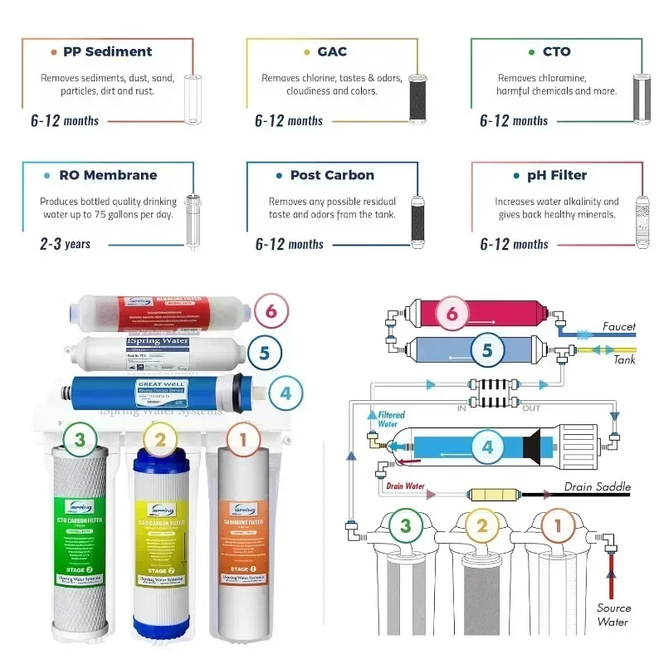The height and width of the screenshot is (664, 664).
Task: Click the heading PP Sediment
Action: [107, 51]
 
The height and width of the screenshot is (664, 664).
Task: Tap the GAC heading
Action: [332, 51]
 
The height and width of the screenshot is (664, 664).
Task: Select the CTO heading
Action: [556, 51]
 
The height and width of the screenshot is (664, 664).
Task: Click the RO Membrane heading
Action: [108, 175]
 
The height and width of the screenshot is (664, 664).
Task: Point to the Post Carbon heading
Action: [332, 175]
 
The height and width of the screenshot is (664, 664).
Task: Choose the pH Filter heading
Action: [556, 175]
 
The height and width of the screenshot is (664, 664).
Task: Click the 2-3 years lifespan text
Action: [65, 244]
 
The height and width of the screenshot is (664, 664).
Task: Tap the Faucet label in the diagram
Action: [619, 326]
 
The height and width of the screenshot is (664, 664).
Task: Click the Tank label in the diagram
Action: [624, 360]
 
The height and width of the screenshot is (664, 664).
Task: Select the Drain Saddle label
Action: [598, 486]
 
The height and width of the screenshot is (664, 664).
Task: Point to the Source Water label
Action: [613, 615]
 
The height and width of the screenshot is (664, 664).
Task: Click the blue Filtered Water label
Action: [392, 418]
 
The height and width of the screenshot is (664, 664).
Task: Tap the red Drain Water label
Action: [405, 486]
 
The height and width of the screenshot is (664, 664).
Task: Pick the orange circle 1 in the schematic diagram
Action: [558, 525]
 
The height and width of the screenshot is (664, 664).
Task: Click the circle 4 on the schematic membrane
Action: [488, 447]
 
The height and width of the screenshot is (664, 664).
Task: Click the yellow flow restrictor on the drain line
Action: [493, 495]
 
